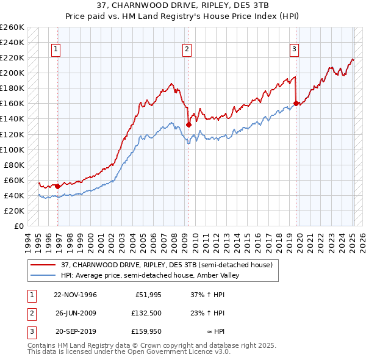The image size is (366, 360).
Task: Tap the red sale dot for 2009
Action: pyautogui.click(x=188, y=124)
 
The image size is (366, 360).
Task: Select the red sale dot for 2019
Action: pyautogui.click(x=296, y=103)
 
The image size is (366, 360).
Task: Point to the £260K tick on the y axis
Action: pyautogui.click(x=12, y=27)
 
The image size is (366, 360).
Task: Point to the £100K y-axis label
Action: pyautogui.click(x=12, y=149)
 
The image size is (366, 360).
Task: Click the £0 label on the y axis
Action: pyautogui.click(x=18, y=226)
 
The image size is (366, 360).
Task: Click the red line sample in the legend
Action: pyautogui.click(x=44, y=265)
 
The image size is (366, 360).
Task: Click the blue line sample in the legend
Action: pyautogui.click(x=44, y=275)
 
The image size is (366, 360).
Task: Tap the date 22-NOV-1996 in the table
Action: pyautogui.click(x=76, y=295)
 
